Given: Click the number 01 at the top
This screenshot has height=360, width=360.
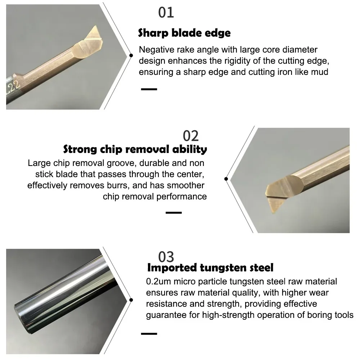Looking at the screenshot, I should [166, 12].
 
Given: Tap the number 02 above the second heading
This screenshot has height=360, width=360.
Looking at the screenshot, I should [191, 136].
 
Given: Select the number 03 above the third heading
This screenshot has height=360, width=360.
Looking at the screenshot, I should [166, 257].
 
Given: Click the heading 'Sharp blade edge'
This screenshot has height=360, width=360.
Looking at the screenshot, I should [184, 33].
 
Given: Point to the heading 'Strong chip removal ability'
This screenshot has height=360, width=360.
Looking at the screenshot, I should [135, 149].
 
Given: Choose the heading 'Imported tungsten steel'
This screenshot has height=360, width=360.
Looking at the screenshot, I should [210, 267].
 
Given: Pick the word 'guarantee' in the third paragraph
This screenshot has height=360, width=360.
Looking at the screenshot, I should [164, 315].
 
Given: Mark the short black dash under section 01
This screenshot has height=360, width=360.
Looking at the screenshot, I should [149, 89].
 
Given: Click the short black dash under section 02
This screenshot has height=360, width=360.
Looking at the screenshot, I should [174, 213].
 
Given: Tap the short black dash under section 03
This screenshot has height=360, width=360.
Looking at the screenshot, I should [149, 334].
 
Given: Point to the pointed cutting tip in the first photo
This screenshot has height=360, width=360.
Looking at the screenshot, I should [96, 27].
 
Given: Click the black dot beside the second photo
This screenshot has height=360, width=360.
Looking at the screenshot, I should [226, 179].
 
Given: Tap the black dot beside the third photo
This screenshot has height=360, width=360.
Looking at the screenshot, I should [131, 300].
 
